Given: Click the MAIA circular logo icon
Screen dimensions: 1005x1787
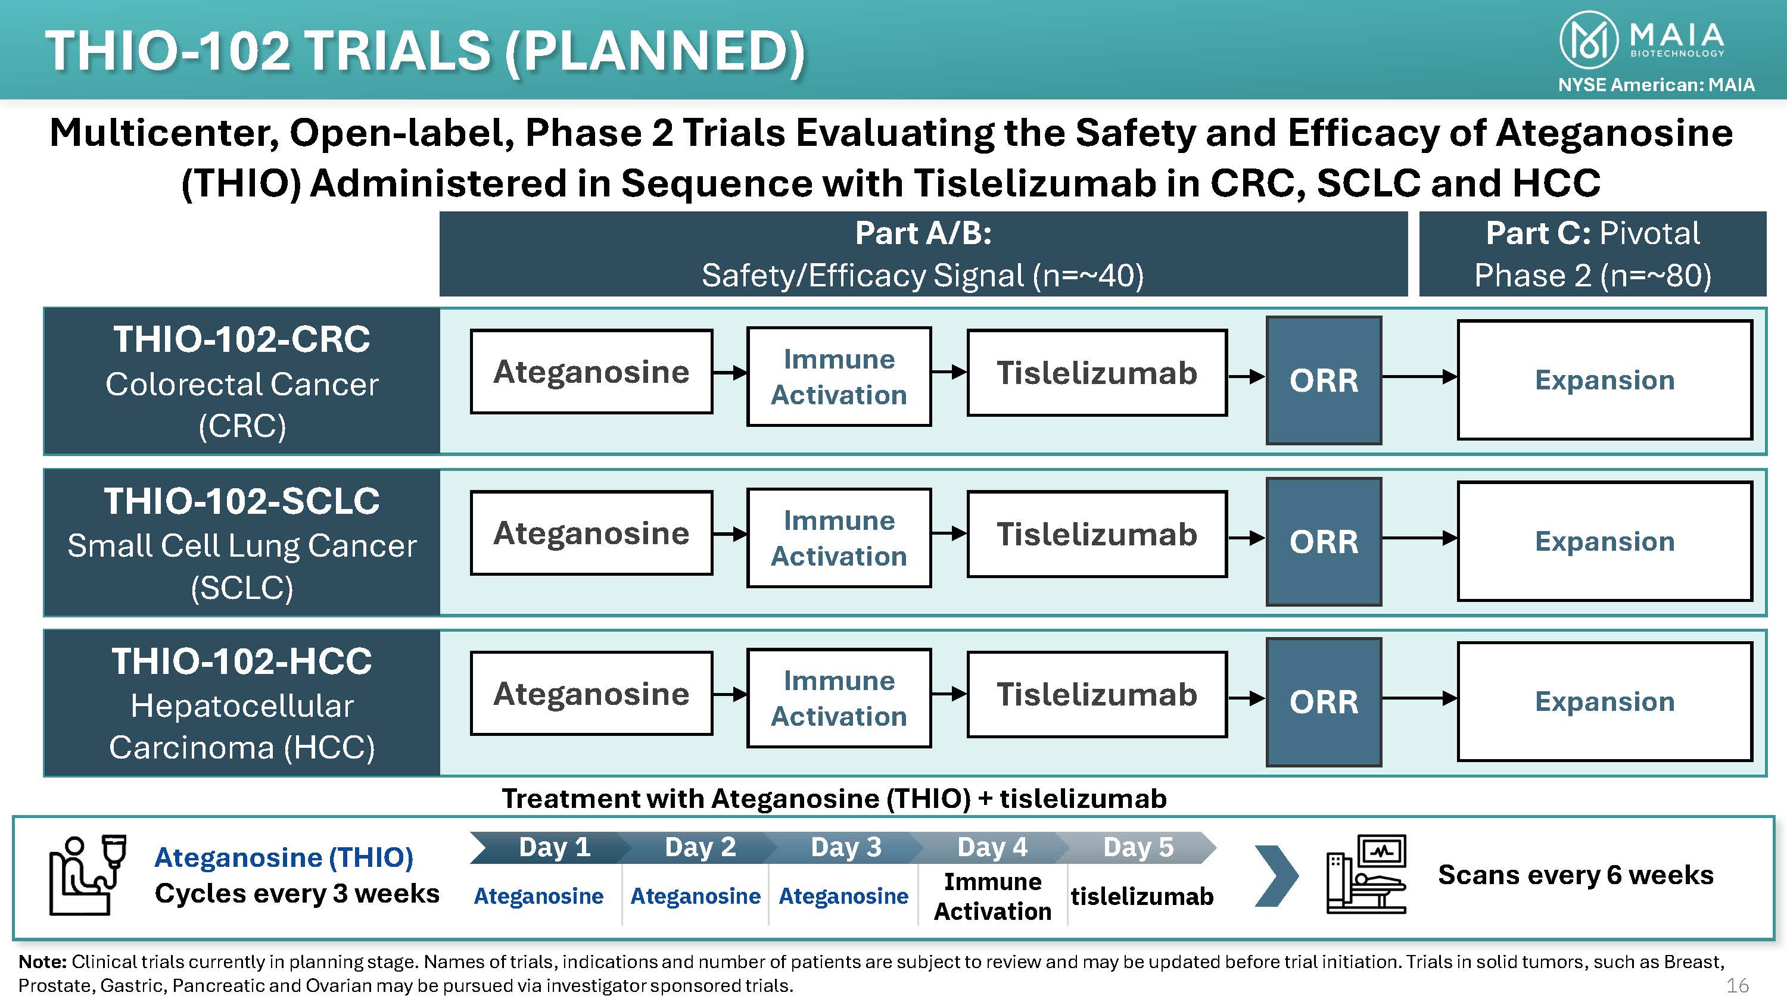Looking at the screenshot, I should point(1589,40).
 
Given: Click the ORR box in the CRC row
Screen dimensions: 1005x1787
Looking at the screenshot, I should point(1324,380).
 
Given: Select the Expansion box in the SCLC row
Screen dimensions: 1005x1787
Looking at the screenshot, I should point(1605,541).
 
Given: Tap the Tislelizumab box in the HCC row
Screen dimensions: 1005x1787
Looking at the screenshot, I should point(1097,694).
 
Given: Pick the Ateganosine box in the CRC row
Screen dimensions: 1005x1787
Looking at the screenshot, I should point(591,372).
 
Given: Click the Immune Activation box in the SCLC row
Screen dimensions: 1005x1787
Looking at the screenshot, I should point(839,538).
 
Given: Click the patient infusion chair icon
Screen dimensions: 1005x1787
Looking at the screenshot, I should point(88,875).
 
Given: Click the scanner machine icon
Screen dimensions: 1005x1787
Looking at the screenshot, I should point(1365,875).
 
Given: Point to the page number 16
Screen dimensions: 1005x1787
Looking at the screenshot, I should point(1738,985).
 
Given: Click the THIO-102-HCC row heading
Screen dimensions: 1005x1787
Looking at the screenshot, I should point(241,661).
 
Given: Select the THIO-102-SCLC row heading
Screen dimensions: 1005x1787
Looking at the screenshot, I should point(241,501).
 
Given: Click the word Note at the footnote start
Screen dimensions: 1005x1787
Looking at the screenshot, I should point(42,962).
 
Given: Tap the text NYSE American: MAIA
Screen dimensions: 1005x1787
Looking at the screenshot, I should point(1656,85).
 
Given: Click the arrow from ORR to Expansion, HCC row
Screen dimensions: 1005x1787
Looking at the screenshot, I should point(1419,698).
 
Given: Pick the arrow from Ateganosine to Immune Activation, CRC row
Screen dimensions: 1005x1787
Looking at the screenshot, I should point(730,373).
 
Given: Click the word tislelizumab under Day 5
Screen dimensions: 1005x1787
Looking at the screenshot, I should point(1142,896).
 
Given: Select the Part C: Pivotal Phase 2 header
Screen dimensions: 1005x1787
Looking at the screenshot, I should point(1592,254).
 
